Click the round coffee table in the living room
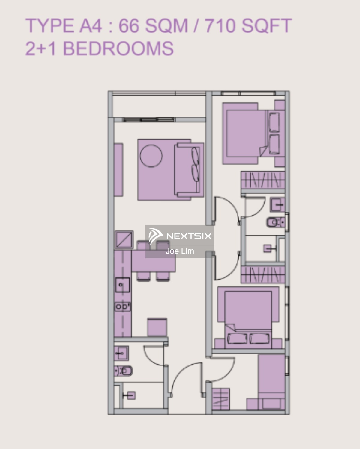[151, 156]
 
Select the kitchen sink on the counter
[123, 285]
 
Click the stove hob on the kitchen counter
[123, 307]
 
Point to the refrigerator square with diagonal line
[124, 239]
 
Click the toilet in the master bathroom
[274, 222]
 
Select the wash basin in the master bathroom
[277, 205]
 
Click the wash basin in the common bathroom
[121, 354]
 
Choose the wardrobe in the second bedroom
[262, 274]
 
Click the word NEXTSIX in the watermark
[189, 236]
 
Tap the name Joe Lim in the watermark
[180, 251]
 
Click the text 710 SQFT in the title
[248, 26]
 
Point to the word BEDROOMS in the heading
[118, 48]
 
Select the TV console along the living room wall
[118, 169]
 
